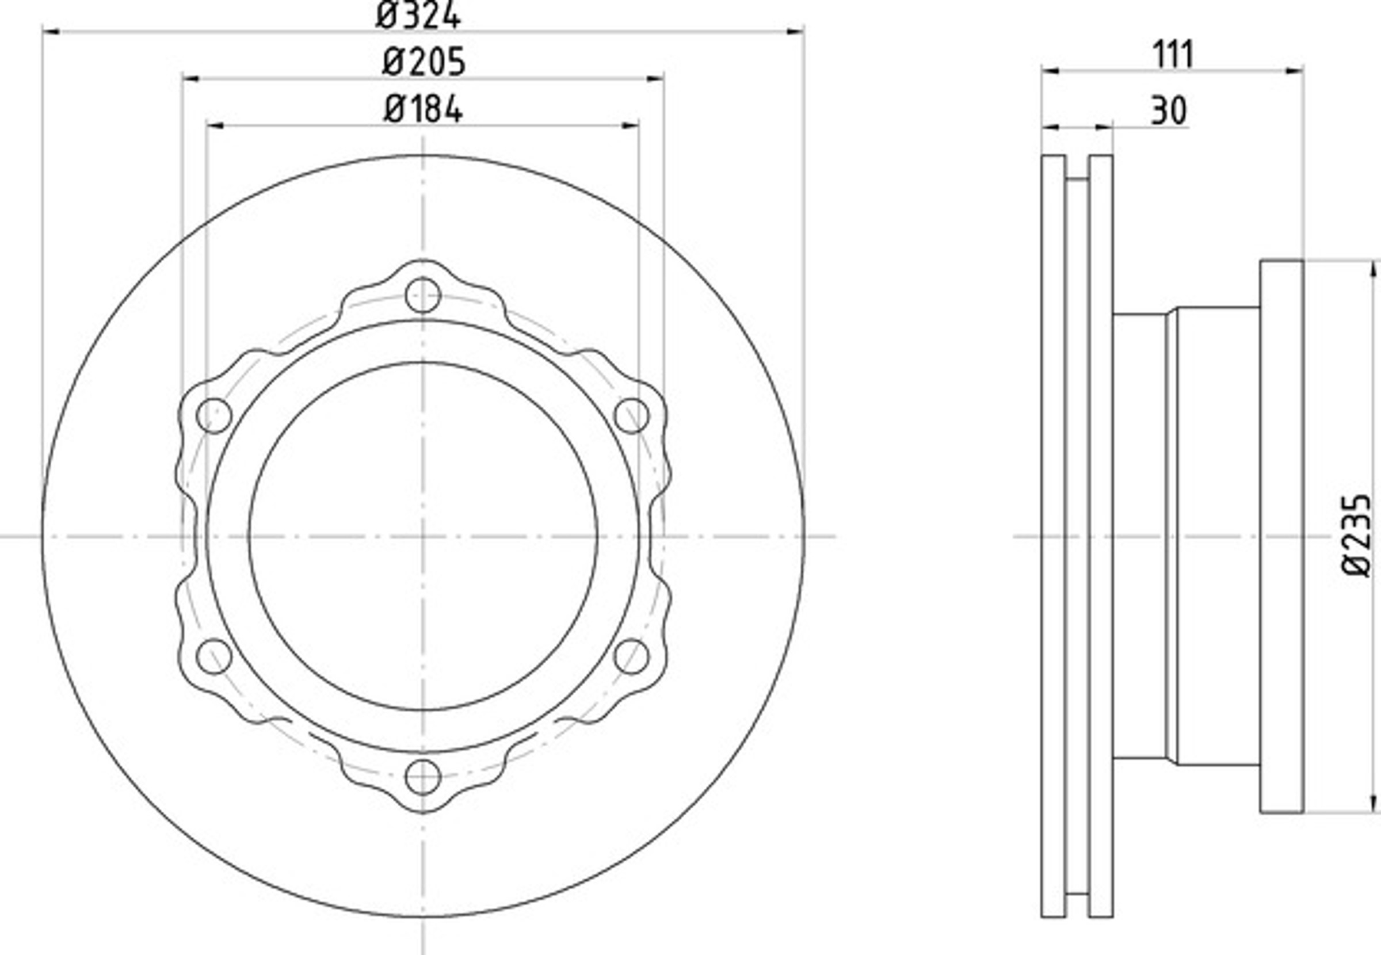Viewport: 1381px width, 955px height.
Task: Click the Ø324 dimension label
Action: click(418, 16)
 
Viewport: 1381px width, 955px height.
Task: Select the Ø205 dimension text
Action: click(424, 62)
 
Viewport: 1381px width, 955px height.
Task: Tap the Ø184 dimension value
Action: click(423, 110)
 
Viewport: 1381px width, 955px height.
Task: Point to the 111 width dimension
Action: click(1173, 55)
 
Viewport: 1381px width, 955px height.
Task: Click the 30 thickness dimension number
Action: click(1169, 110)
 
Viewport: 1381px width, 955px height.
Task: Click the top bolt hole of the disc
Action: click(423, 295)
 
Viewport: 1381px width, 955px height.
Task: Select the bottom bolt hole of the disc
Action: click(423, 777)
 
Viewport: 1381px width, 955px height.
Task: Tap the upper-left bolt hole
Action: click(214, 415)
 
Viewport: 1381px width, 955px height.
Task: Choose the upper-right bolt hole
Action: click(632, 415)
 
